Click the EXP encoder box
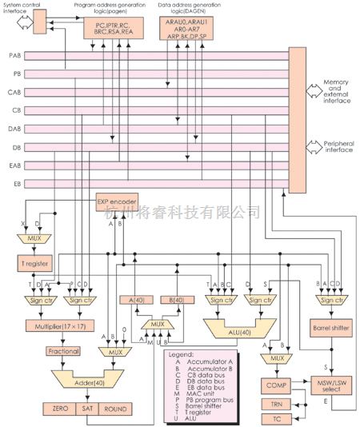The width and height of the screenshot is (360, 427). click(x=118, y=202)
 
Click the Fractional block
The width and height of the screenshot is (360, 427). click(x=40, y=350)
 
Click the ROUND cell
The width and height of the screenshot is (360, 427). click(x=111, y=409)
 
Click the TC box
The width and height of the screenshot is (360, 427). click(x=277, y=418)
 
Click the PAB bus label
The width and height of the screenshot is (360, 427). click(x=14, y=56)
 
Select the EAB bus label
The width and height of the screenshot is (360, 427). click(x=14, y=166)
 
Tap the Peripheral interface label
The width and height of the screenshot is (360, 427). click(x=338, y=150)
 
